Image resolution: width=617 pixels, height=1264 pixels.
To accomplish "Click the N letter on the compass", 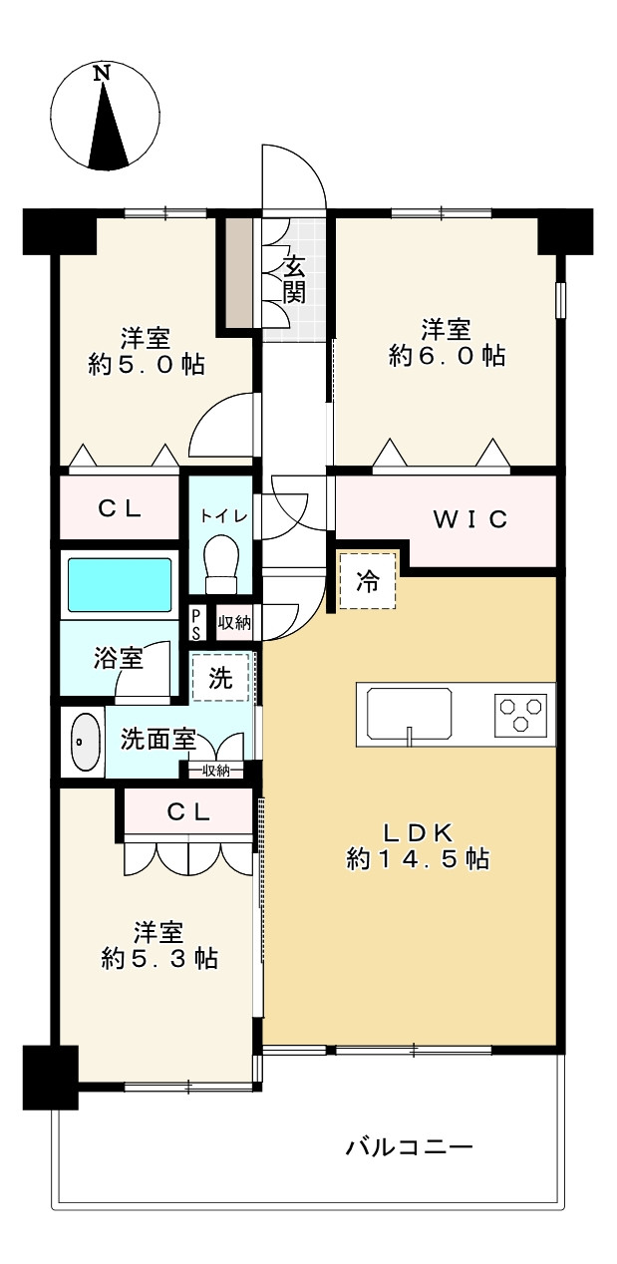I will (102, 73).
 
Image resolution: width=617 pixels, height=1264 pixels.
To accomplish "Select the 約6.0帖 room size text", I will (447, 355).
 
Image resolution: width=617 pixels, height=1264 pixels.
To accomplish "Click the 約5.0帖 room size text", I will (147, 364).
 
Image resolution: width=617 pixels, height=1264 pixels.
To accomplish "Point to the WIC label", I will (469, 518).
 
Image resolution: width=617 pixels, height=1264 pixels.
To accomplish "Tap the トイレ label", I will (220, 515).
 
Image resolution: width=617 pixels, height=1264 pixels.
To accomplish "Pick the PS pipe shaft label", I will (197, 624).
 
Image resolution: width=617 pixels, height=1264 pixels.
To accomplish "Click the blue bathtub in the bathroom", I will (118, 585).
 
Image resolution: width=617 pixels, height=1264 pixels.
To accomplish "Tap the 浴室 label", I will (119, 658).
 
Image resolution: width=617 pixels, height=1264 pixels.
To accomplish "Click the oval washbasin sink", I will (86, 741).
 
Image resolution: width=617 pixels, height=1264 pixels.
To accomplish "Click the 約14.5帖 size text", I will (418, 858).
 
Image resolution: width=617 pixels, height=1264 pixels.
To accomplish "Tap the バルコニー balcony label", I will (409, 1146).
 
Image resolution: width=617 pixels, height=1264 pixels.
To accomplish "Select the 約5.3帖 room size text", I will (159, 958).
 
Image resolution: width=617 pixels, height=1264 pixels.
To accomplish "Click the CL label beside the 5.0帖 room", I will (120, 507).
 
